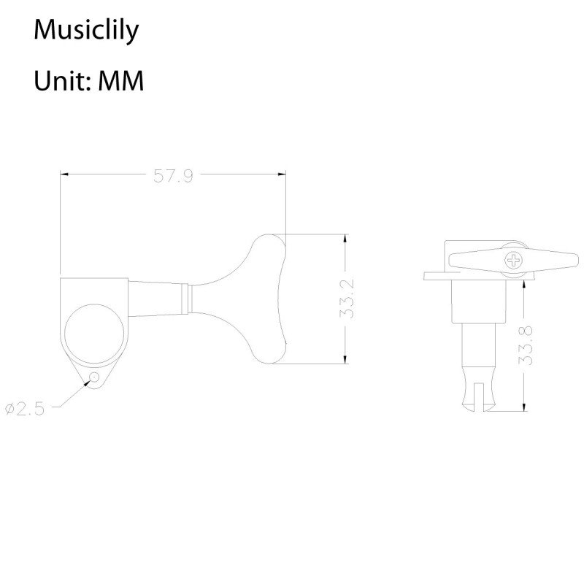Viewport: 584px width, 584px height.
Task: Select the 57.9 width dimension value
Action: point(173,175)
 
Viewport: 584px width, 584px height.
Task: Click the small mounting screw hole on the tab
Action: point(94,377)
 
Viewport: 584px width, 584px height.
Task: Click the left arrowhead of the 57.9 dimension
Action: point(64,174)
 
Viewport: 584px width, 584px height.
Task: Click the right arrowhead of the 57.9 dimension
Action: point(282,174)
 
